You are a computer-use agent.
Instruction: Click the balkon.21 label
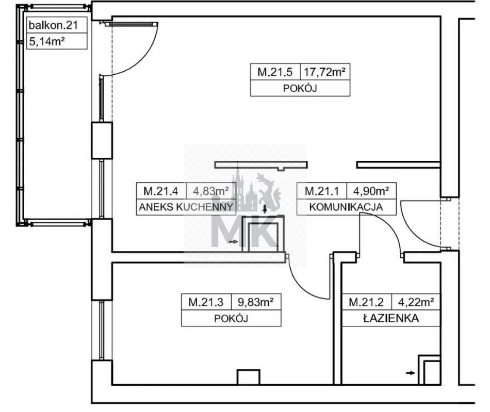tap(53, 25)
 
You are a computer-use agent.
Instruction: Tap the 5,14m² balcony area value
tap(46, 41)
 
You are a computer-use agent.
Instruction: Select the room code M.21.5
tap(275, 72)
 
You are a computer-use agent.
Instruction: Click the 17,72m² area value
tap(324, 72)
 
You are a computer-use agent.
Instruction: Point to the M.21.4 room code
tap(160, 191)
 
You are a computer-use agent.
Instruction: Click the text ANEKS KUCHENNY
tap(186, 207)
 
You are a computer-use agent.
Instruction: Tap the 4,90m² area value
tap(371, 191)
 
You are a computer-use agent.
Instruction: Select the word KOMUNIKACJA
tap(346, 207)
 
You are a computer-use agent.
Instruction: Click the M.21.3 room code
tap(206, 302)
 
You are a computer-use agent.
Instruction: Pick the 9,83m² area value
tap(256, 302)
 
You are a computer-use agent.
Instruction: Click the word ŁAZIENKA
tap(391, 318)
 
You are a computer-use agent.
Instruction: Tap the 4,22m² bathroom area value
tap(416, 302)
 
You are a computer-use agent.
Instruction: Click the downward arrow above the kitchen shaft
tap(265, 209)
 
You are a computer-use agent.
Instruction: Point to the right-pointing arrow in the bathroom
tap(411, 373)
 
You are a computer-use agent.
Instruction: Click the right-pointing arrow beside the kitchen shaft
tap(234, 241)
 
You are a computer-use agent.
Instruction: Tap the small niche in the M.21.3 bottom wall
tap(249, 377)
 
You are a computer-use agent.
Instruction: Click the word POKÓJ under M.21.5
tap(300, 88)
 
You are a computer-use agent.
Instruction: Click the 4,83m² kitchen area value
tap(210, 191)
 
